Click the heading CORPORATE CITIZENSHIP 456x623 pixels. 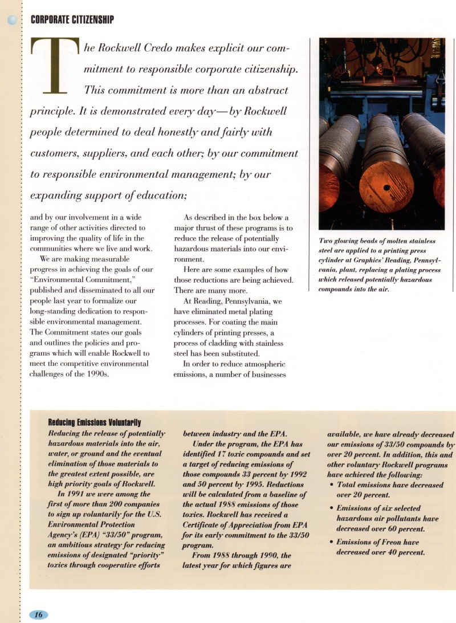click(x=72, y=20)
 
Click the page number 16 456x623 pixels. click(x=38, y=614)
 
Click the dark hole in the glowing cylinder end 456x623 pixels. click(x=387, y=188)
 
